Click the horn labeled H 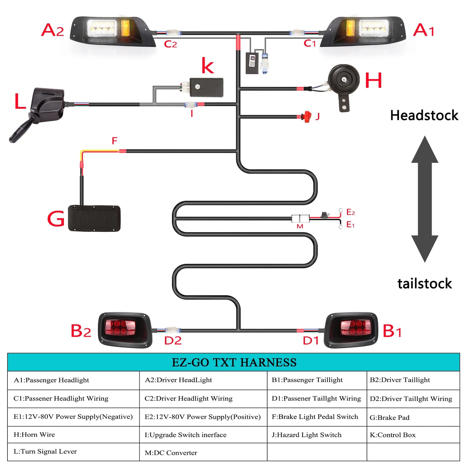(343, 81)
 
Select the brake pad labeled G (94, 218)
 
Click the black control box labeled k (206, 87)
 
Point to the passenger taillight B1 (351, 330)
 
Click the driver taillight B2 (125, 330)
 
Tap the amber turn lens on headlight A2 (125, 28)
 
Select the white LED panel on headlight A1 (374, 28)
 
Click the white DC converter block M (300, 218)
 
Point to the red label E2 (350, 212)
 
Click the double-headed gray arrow (425, 199)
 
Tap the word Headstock (424, 115)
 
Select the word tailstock (424, 283)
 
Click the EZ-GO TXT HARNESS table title (234, 362)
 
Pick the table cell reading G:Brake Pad (389, 417)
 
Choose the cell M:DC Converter (171, 453)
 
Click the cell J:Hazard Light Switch (306, 435)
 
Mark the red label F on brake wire (114, 141)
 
